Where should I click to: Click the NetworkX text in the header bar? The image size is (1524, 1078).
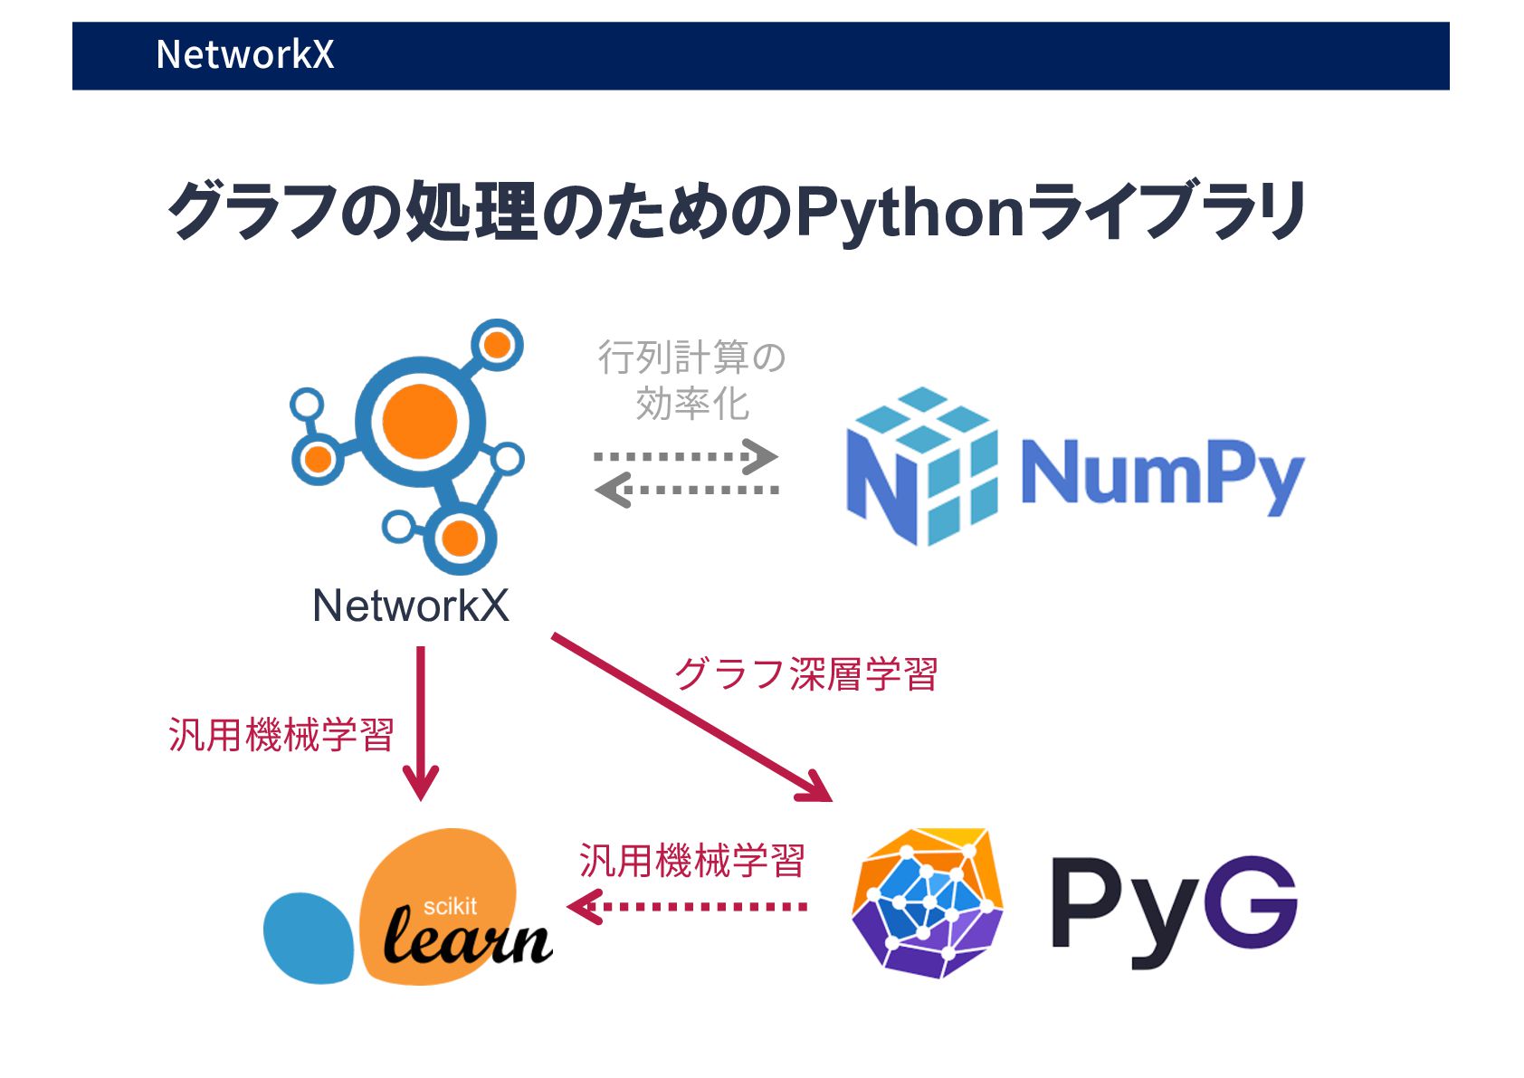coord(244,54)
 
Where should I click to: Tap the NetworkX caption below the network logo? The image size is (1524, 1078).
coord(411,606)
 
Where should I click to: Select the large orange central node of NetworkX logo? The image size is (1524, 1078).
coord(419,422)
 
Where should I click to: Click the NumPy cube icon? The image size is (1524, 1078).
coord(921,467)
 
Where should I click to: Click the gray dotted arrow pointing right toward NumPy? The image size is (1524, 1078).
coord(685,456)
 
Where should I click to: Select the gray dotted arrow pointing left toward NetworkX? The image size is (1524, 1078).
coord(686,491)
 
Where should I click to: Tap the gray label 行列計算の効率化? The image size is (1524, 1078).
coord(692,380)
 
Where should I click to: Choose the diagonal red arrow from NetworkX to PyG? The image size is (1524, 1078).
coord(691,717)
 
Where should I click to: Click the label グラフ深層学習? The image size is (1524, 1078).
coord(805,674)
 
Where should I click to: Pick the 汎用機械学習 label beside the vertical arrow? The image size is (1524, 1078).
coord(281,734)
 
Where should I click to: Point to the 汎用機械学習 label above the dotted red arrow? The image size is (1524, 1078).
coord(692,860)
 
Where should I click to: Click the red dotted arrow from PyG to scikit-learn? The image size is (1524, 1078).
coord(688,906)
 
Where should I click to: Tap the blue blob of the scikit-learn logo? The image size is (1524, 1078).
coord(307,938)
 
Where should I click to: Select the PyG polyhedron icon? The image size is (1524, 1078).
coord(927,902)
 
